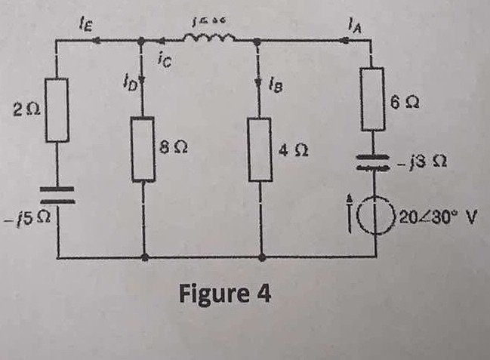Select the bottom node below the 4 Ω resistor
(260, 257)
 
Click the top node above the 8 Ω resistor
(143, 42)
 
